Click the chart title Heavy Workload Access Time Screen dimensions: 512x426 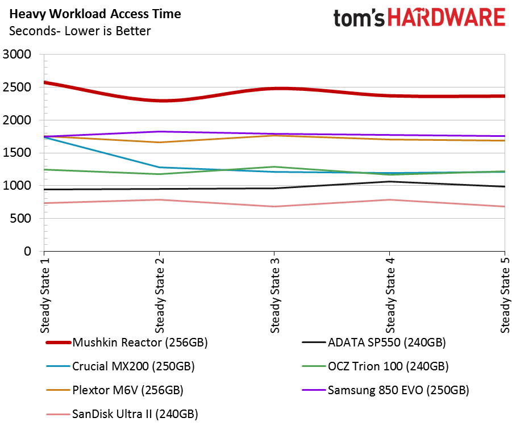(x=95, y=14)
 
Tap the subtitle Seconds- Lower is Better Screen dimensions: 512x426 (x=80, y=31)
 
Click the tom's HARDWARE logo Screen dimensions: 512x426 (x=419, y=18)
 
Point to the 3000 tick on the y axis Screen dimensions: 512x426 (x=17, y=54)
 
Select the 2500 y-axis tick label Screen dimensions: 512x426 (x=17, y=87)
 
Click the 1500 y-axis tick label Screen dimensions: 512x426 (x=17, y=153)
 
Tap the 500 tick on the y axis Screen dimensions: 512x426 (x=20, y=218)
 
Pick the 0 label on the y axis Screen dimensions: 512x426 (x=28, y=252)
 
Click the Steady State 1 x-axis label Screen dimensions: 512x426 (x=45, y=295)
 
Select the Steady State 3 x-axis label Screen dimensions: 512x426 (x=275, y=295)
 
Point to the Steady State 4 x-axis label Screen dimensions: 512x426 (x=390, y=295)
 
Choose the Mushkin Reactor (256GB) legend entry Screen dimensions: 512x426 (x=127, y=343)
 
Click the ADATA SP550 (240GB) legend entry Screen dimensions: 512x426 (x=374, y=343)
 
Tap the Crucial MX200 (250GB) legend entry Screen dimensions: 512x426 (x=120, y=366)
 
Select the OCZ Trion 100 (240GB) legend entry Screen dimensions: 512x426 (x=375, y=366)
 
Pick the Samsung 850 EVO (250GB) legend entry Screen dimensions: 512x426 (x=385, y=390)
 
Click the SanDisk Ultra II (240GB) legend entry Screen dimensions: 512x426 (x=122, y=414)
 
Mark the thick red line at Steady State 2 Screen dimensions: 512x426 (x=159, y=100)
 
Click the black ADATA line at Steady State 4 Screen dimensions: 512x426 (x=389, y=182)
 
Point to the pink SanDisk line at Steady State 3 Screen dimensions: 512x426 (x=274, y=206)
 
